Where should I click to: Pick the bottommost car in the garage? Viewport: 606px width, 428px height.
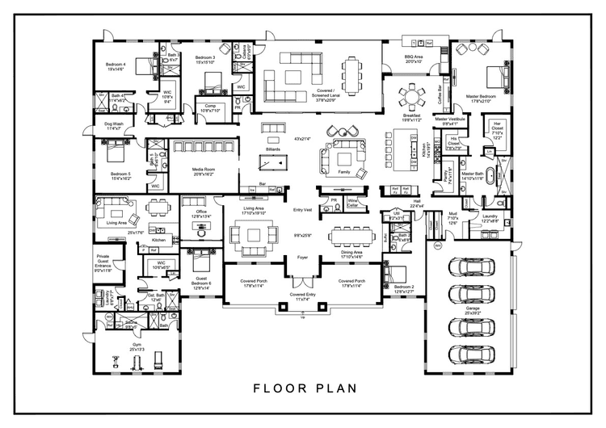467,352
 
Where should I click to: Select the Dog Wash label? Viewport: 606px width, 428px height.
113,125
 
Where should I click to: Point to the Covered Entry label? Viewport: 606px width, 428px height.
303,296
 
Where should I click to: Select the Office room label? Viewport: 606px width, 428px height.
201,213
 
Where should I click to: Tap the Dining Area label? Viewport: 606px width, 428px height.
352,254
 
